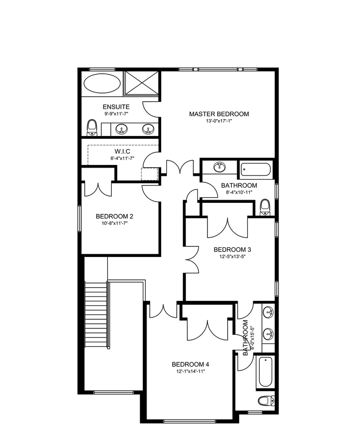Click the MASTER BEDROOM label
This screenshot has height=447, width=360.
click(219, 114)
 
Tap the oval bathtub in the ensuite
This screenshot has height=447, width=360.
click(102, 83)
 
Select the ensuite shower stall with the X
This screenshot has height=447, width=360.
click(141, 83)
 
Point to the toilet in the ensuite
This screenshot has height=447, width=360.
click(92, 127)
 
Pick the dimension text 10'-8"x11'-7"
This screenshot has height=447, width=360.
click(114, 223)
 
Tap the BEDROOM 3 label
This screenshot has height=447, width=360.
click(232, 250)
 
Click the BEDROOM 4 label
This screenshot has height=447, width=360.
click(190, 364)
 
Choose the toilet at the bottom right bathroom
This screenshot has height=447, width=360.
click(264, 401)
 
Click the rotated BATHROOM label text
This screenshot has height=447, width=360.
click(246, 338)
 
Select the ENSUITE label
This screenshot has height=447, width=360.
click(113, 107)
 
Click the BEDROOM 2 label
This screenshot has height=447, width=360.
click(114, 216)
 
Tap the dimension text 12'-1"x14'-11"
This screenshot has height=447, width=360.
click(190, 371)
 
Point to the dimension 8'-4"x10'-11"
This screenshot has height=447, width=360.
click(239, 192)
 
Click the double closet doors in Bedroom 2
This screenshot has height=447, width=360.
click(98, 188)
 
